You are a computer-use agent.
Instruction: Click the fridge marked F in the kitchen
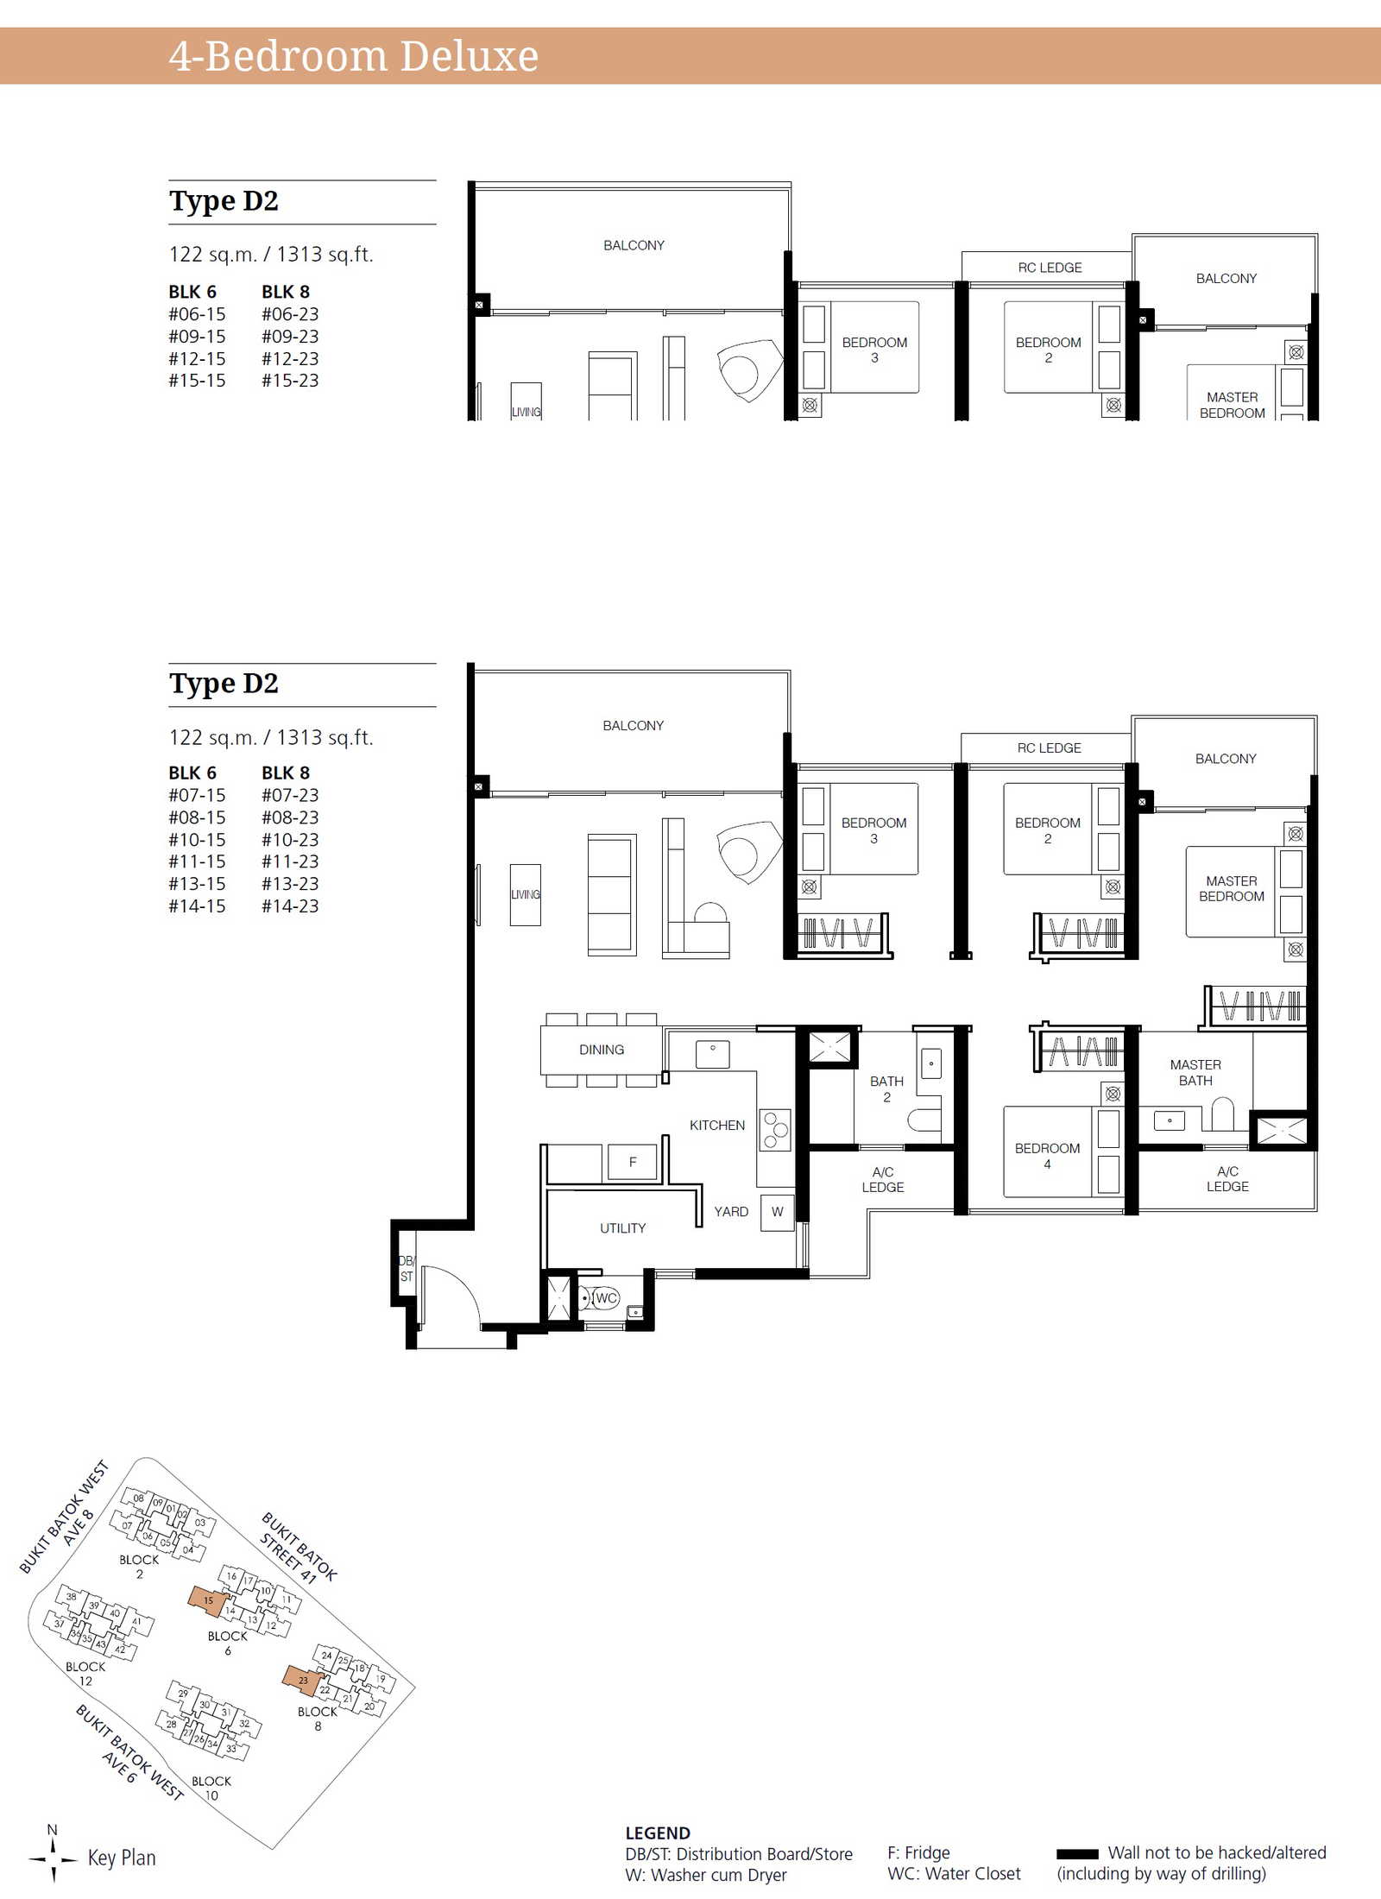click(x=633, y=1162)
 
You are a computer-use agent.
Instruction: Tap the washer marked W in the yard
click(x=777, y=1212)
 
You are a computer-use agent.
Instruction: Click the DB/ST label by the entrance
click(x=406, y=1269)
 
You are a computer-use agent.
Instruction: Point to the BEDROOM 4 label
click(x=1047, y=1156)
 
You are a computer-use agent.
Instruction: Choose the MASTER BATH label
click(x=1195, y=1072)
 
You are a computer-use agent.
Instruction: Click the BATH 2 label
click(x=886, y=1088)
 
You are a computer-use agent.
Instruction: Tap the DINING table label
click(x=602, y=1050)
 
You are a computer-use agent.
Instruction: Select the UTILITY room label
click(x=622, y=1227)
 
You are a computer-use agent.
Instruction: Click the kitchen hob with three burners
click(x=775, y=1130)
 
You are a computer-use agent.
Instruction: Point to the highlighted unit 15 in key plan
click(x=208, y=1599)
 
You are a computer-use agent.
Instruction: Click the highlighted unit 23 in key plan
click(x=303, y=1679)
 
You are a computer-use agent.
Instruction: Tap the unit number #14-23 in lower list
click(x=290, y=905)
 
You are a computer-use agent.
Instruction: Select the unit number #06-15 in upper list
click(x=197, y=314)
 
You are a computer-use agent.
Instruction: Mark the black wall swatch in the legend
click(x=1077, y=1853)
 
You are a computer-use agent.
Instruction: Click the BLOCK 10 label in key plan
click(x=211, y=1788)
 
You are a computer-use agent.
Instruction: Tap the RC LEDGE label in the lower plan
click(x=1049, y=748)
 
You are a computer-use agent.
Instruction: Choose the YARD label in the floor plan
click(x=731, y=1211)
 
